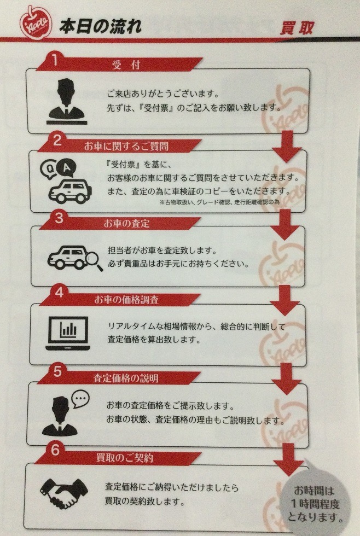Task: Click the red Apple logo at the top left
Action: (x=36, y=22)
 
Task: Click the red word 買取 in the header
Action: (x=297, y=28)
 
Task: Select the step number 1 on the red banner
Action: (x=55, y=60)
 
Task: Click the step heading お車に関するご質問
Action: (x=126, y=147)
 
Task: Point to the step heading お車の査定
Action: (x=127, y=224)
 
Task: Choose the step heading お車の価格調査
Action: (x=126, y=300)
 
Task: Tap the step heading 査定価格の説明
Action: (x=126, y=378)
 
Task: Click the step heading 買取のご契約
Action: (x=124, y=458)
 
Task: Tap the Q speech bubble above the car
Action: (x=49, y=169)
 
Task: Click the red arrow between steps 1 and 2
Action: (x=287, y=147)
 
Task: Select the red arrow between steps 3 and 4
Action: (x=285, y=300)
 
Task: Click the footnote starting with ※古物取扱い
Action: (x=219, y=202)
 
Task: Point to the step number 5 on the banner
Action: (x=57, y=372)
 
